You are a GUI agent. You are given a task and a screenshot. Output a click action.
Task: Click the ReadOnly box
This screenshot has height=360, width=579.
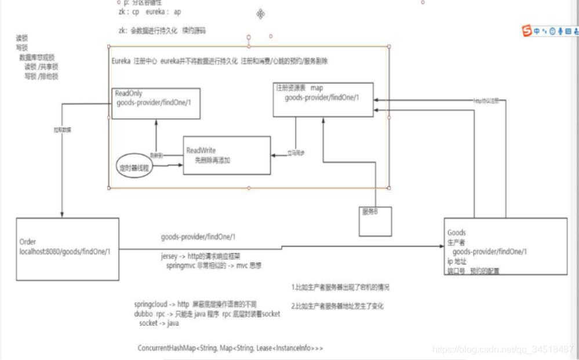(156, 103)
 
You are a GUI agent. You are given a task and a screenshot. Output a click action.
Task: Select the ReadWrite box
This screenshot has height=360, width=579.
(227, 155)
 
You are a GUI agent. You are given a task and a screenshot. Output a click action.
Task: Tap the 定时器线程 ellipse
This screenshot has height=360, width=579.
(134, 167)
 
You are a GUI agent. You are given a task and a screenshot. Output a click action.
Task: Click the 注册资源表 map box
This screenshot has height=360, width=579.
(323, 100)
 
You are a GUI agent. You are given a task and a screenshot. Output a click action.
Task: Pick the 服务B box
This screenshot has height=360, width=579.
(375, 221)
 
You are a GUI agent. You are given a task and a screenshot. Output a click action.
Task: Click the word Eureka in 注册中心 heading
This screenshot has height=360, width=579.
(121, 61)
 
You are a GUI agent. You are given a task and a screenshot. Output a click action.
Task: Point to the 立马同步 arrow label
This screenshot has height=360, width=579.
(296, 154)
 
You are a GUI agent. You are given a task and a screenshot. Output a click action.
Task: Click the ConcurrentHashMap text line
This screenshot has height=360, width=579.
(230, 348)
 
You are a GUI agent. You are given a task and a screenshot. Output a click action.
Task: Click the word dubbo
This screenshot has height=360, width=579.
(144, 314)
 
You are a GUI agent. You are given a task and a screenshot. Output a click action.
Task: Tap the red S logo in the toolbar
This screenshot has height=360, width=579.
(527, 31)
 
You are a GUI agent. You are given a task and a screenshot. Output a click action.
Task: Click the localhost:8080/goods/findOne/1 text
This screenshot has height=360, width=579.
(65, 252)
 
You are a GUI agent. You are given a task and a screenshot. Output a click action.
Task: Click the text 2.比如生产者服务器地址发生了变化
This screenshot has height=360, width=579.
(337, 306)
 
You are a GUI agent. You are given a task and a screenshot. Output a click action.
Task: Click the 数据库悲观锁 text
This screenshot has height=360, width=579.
(37, 58)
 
